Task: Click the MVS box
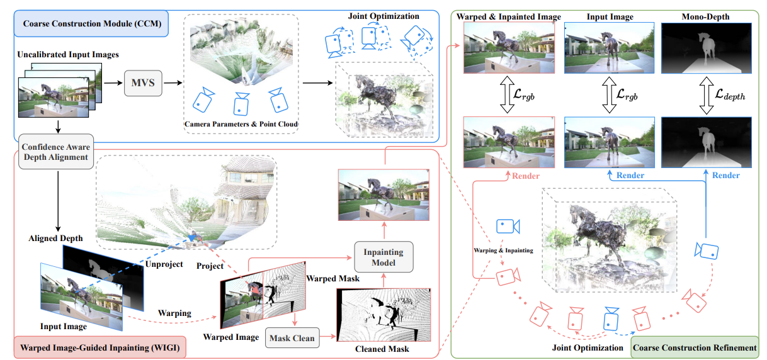[144, 82]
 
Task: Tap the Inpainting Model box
[383, 256]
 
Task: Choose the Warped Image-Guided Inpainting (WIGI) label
[99, 346]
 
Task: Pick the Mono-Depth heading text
[705, 17]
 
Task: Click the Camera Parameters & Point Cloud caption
[241, 125]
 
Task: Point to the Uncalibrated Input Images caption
[69, 55]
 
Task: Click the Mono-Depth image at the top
[705, 48]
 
